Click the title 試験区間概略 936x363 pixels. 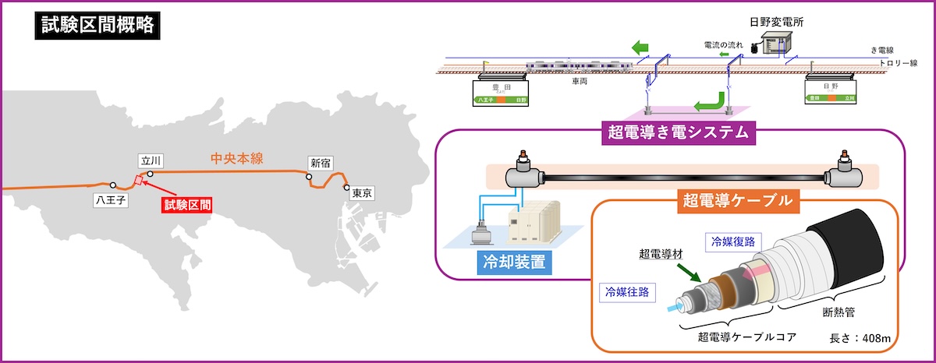click(97, 26)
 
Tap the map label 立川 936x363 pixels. click(148, 160)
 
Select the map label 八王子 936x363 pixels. click(111, 200)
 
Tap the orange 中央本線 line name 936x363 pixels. click(236, 159)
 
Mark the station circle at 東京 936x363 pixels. click(346, 186)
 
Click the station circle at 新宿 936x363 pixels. click(310, 175)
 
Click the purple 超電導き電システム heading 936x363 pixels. click(679, 131)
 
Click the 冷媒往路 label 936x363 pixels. click(626, 291)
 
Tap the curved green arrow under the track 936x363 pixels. click(708, 101)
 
